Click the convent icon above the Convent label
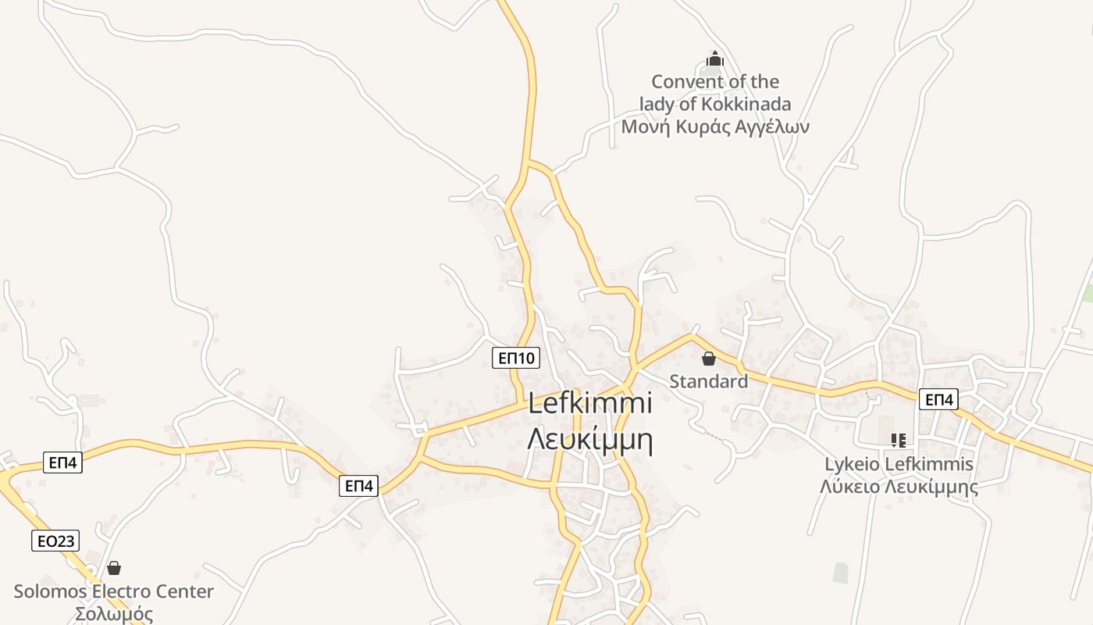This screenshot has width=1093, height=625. [x=714, y=59]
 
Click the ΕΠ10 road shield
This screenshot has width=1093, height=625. [x=516, y=358]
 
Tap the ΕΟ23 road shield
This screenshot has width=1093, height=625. [x=55, y=540]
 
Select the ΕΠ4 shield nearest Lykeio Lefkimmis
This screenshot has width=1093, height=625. [x=938, y=399]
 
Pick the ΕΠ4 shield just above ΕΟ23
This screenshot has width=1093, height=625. [x=62, y=462]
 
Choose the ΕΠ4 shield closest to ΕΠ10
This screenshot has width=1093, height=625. [x=359, y=486]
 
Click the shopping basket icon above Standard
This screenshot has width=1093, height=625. [x=708, y=359]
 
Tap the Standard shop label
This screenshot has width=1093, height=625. [x=708, y=381]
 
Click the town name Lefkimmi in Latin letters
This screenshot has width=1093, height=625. [x=589, y=404]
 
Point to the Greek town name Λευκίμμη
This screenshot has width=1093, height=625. [x=589, y=440]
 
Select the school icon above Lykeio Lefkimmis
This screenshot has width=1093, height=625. [x=898, y=441]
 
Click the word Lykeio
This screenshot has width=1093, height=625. [x=851, y=464]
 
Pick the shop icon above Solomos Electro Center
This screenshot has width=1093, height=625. [x=114, y=568]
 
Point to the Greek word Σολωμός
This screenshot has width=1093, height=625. [x=114, y=614]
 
